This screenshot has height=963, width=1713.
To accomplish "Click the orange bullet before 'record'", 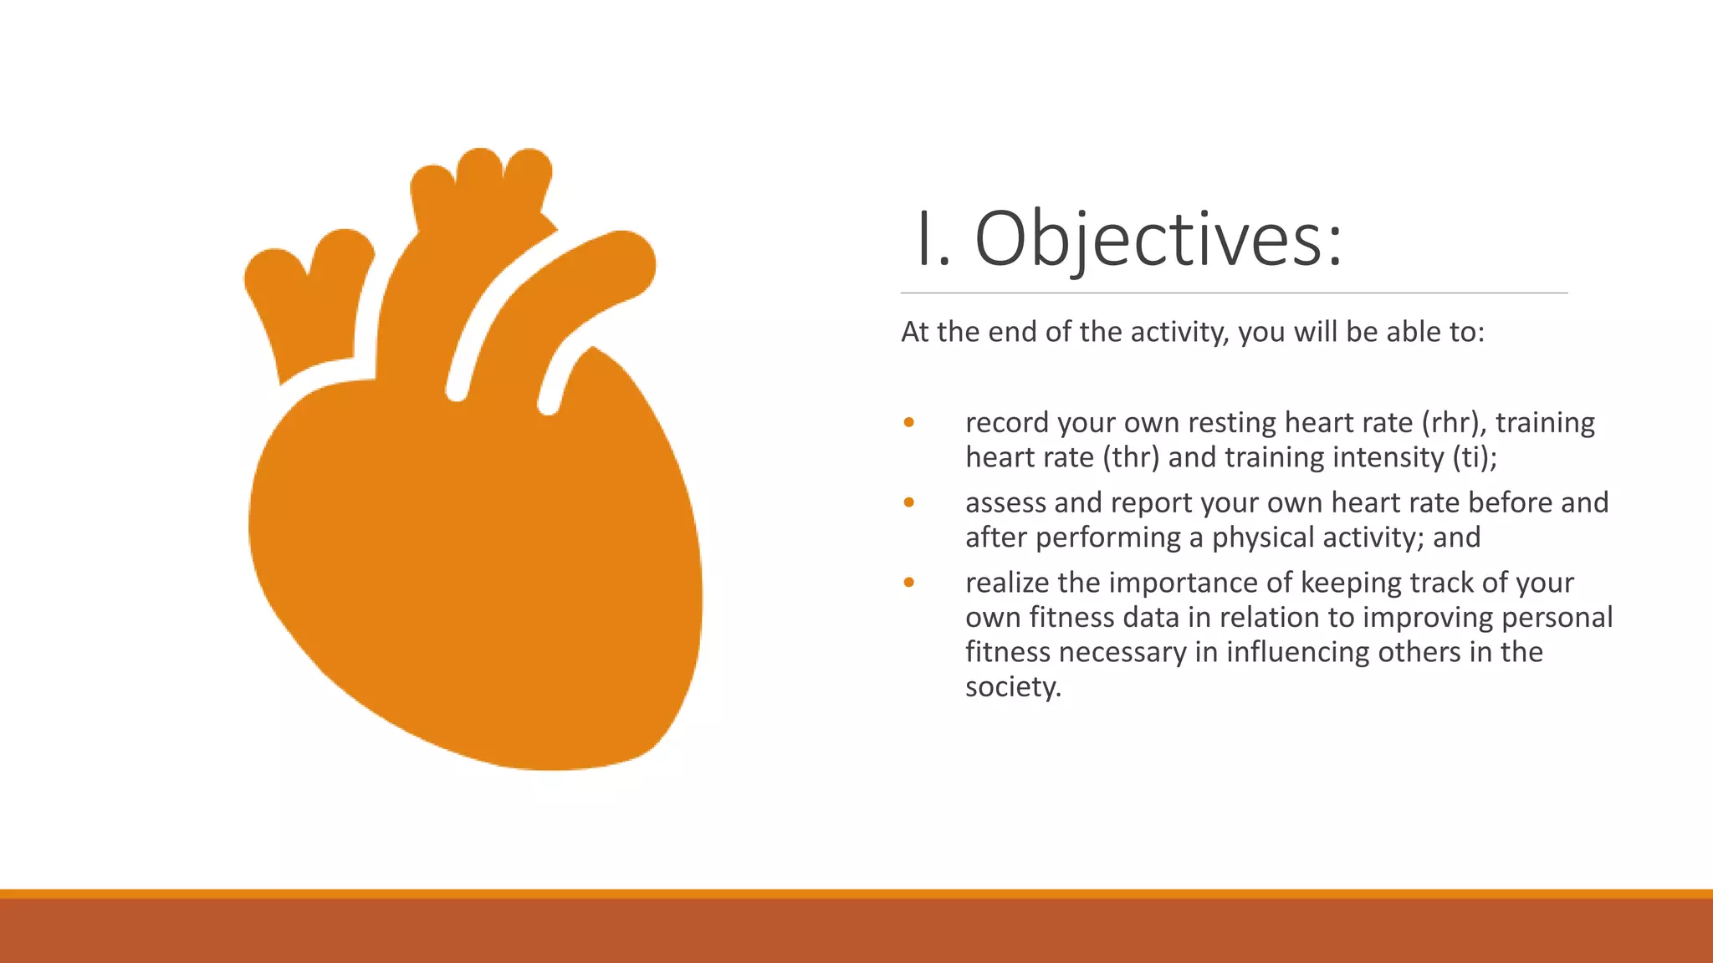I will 909,423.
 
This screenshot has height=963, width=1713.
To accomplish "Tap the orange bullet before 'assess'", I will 909,502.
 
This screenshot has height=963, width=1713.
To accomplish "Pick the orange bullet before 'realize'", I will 909,583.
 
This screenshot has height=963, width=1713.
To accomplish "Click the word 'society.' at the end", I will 1013,687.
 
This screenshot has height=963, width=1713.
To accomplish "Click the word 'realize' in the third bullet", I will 1007,583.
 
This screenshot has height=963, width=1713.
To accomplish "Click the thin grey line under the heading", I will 1234,293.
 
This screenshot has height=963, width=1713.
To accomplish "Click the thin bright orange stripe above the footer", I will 856,894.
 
